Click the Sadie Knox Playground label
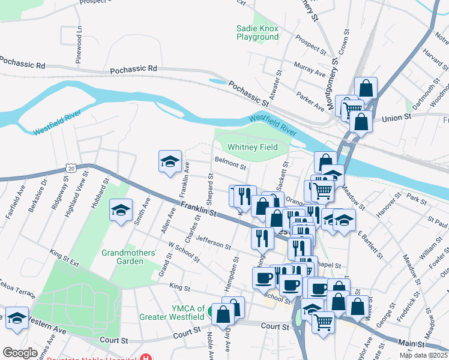(257, 32)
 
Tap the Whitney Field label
(252, 147)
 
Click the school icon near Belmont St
(170, 161)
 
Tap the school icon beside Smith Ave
(121, 210)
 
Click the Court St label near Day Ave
(275, 326)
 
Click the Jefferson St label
(213, 243)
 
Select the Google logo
(20, 352)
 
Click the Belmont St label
(231, 163)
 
